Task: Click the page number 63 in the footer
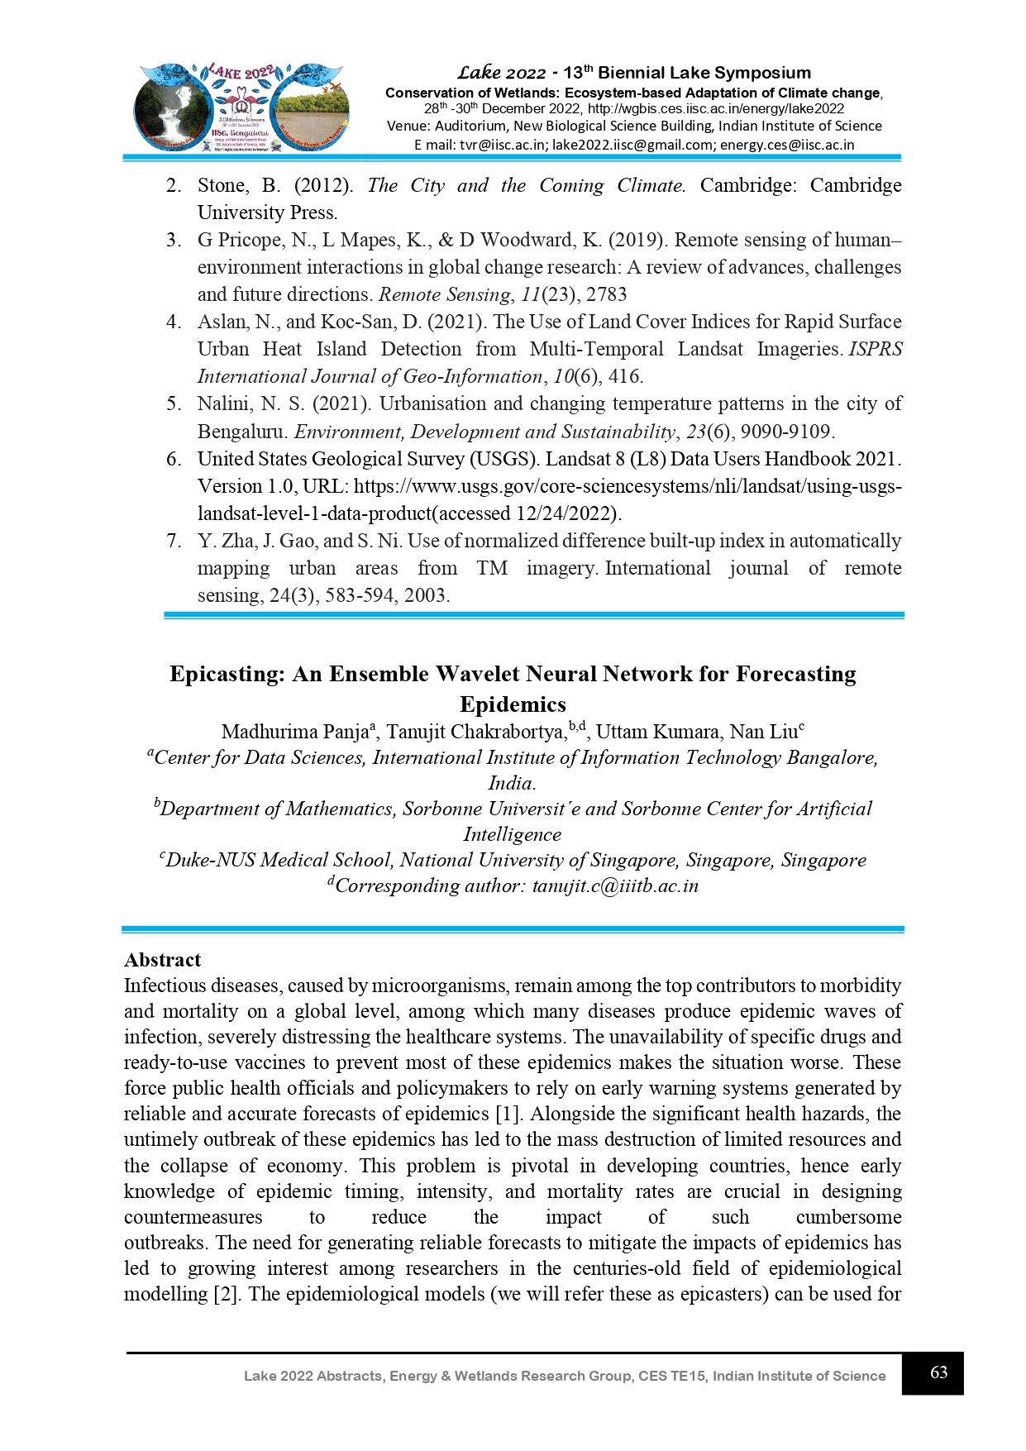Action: tap(938, 1372)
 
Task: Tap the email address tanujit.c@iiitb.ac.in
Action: tap(615, 886)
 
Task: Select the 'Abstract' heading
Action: tap(163, 960)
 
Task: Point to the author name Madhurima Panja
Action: tap(295, 732)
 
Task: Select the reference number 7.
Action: tap(174, 541)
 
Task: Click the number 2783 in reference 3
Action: tap(607, 294)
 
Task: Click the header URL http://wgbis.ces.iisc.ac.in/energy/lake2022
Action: tap(716, 109)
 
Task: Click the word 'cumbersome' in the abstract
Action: tap(848, 1217)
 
